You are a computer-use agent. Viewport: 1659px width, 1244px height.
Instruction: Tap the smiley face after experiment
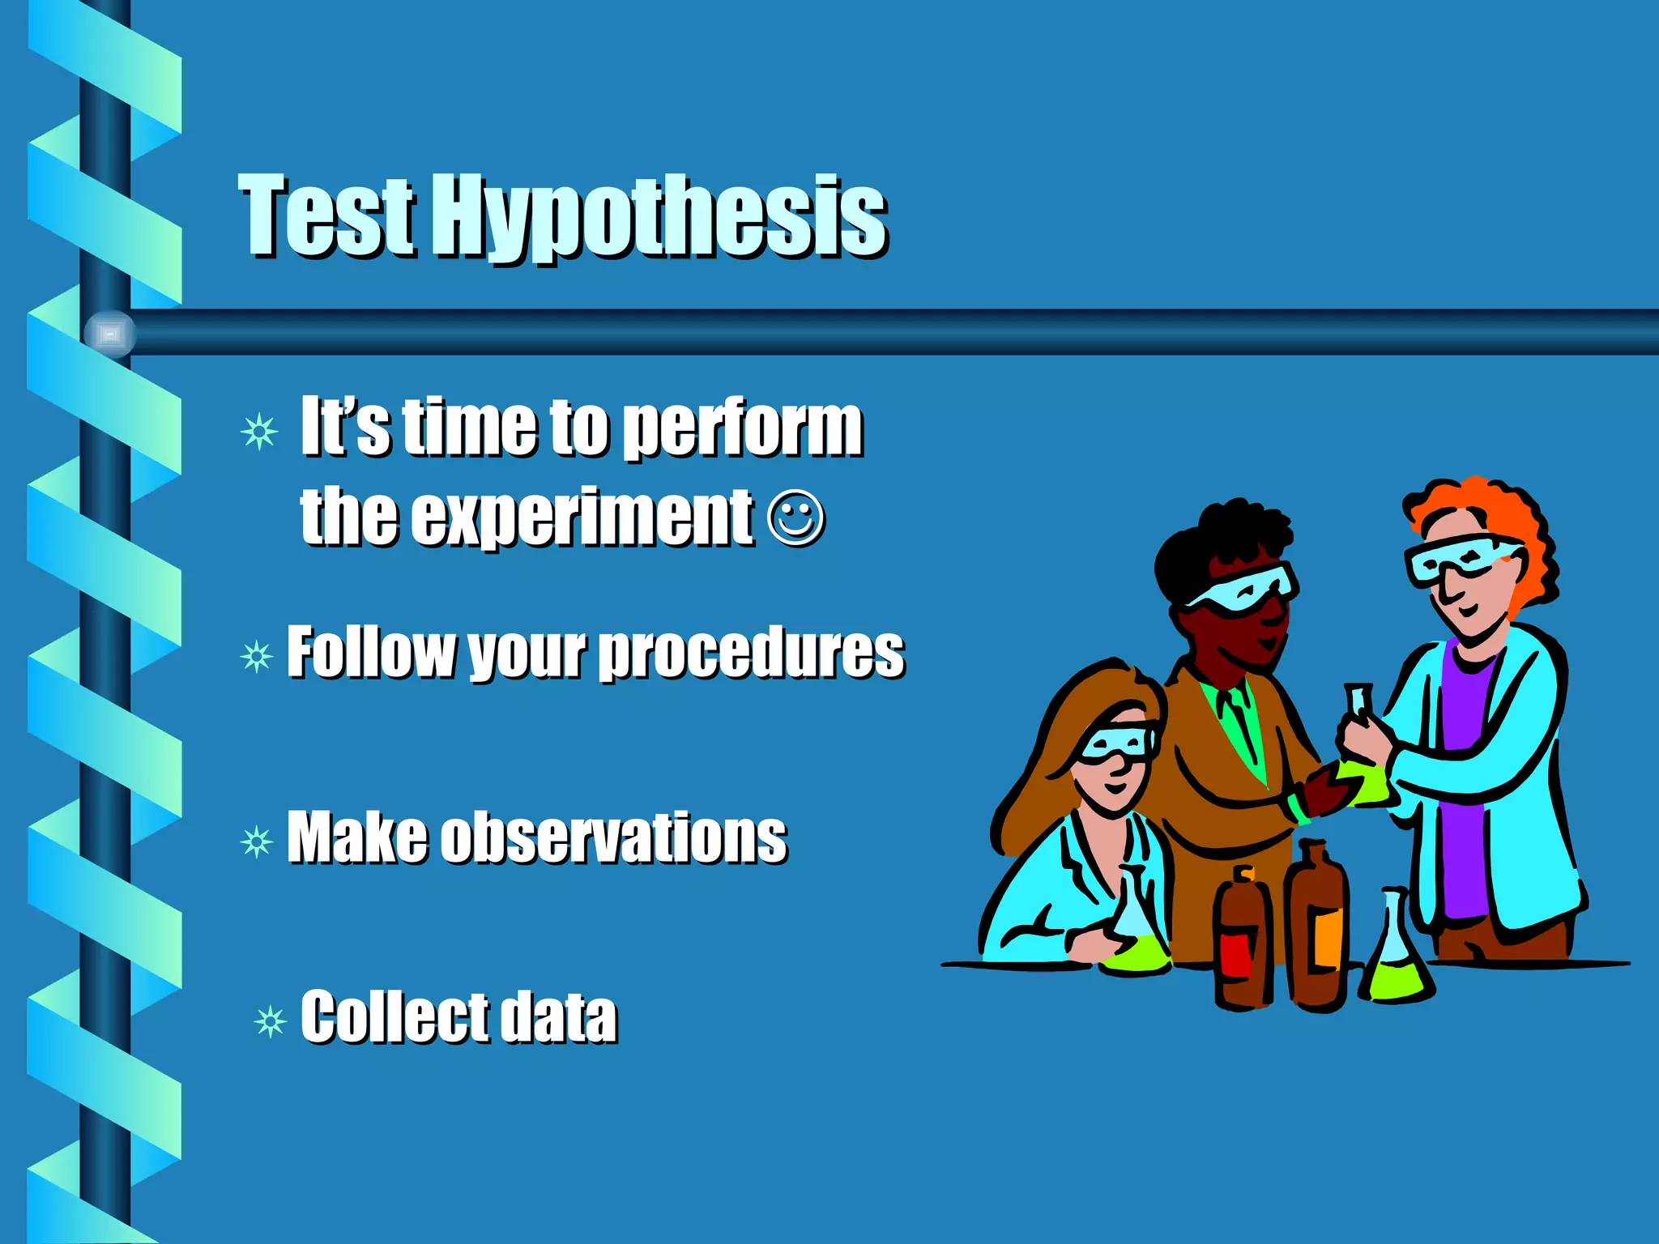coord(795,518)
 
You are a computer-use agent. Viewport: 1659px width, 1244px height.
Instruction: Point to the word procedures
coord(751,653)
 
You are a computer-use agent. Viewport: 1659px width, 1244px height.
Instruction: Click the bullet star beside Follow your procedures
coord(257,656)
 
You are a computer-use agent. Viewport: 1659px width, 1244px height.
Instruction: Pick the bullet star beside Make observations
coord(257,842)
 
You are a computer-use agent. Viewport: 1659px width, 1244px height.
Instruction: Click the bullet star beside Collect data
coord(270,1021)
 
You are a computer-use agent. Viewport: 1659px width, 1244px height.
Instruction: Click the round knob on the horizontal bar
coord(109,333)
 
